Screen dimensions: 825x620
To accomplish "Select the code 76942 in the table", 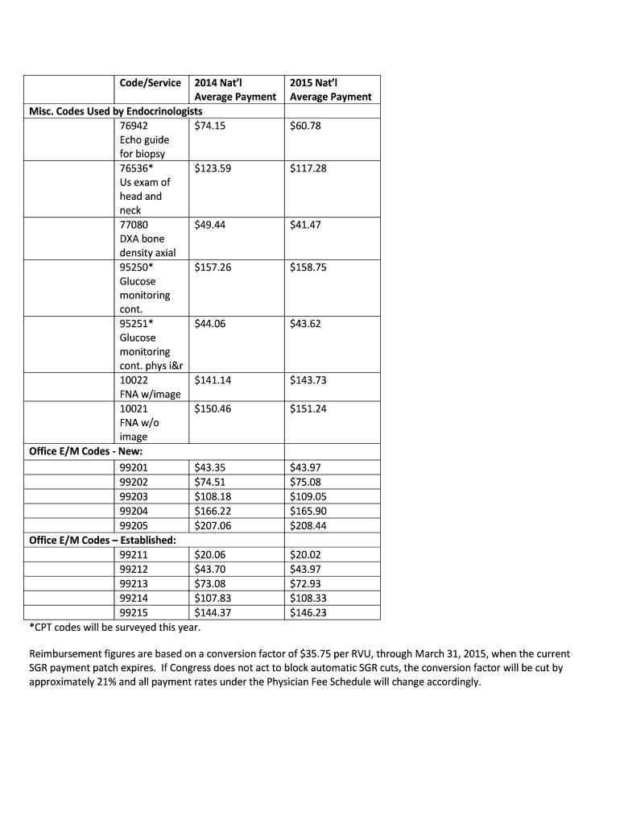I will pyautogui.click(x=134, y=126).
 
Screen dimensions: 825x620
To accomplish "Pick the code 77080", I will pyautogui.click(x=134, y=225).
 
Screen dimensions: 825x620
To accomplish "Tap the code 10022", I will pyautogui.click(x=134, y=380).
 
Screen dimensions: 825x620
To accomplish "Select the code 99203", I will pyautogui.click(x=134, y=496).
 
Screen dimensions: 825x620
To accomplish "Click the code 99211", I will pyautogui.click(x=134, y=555).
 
